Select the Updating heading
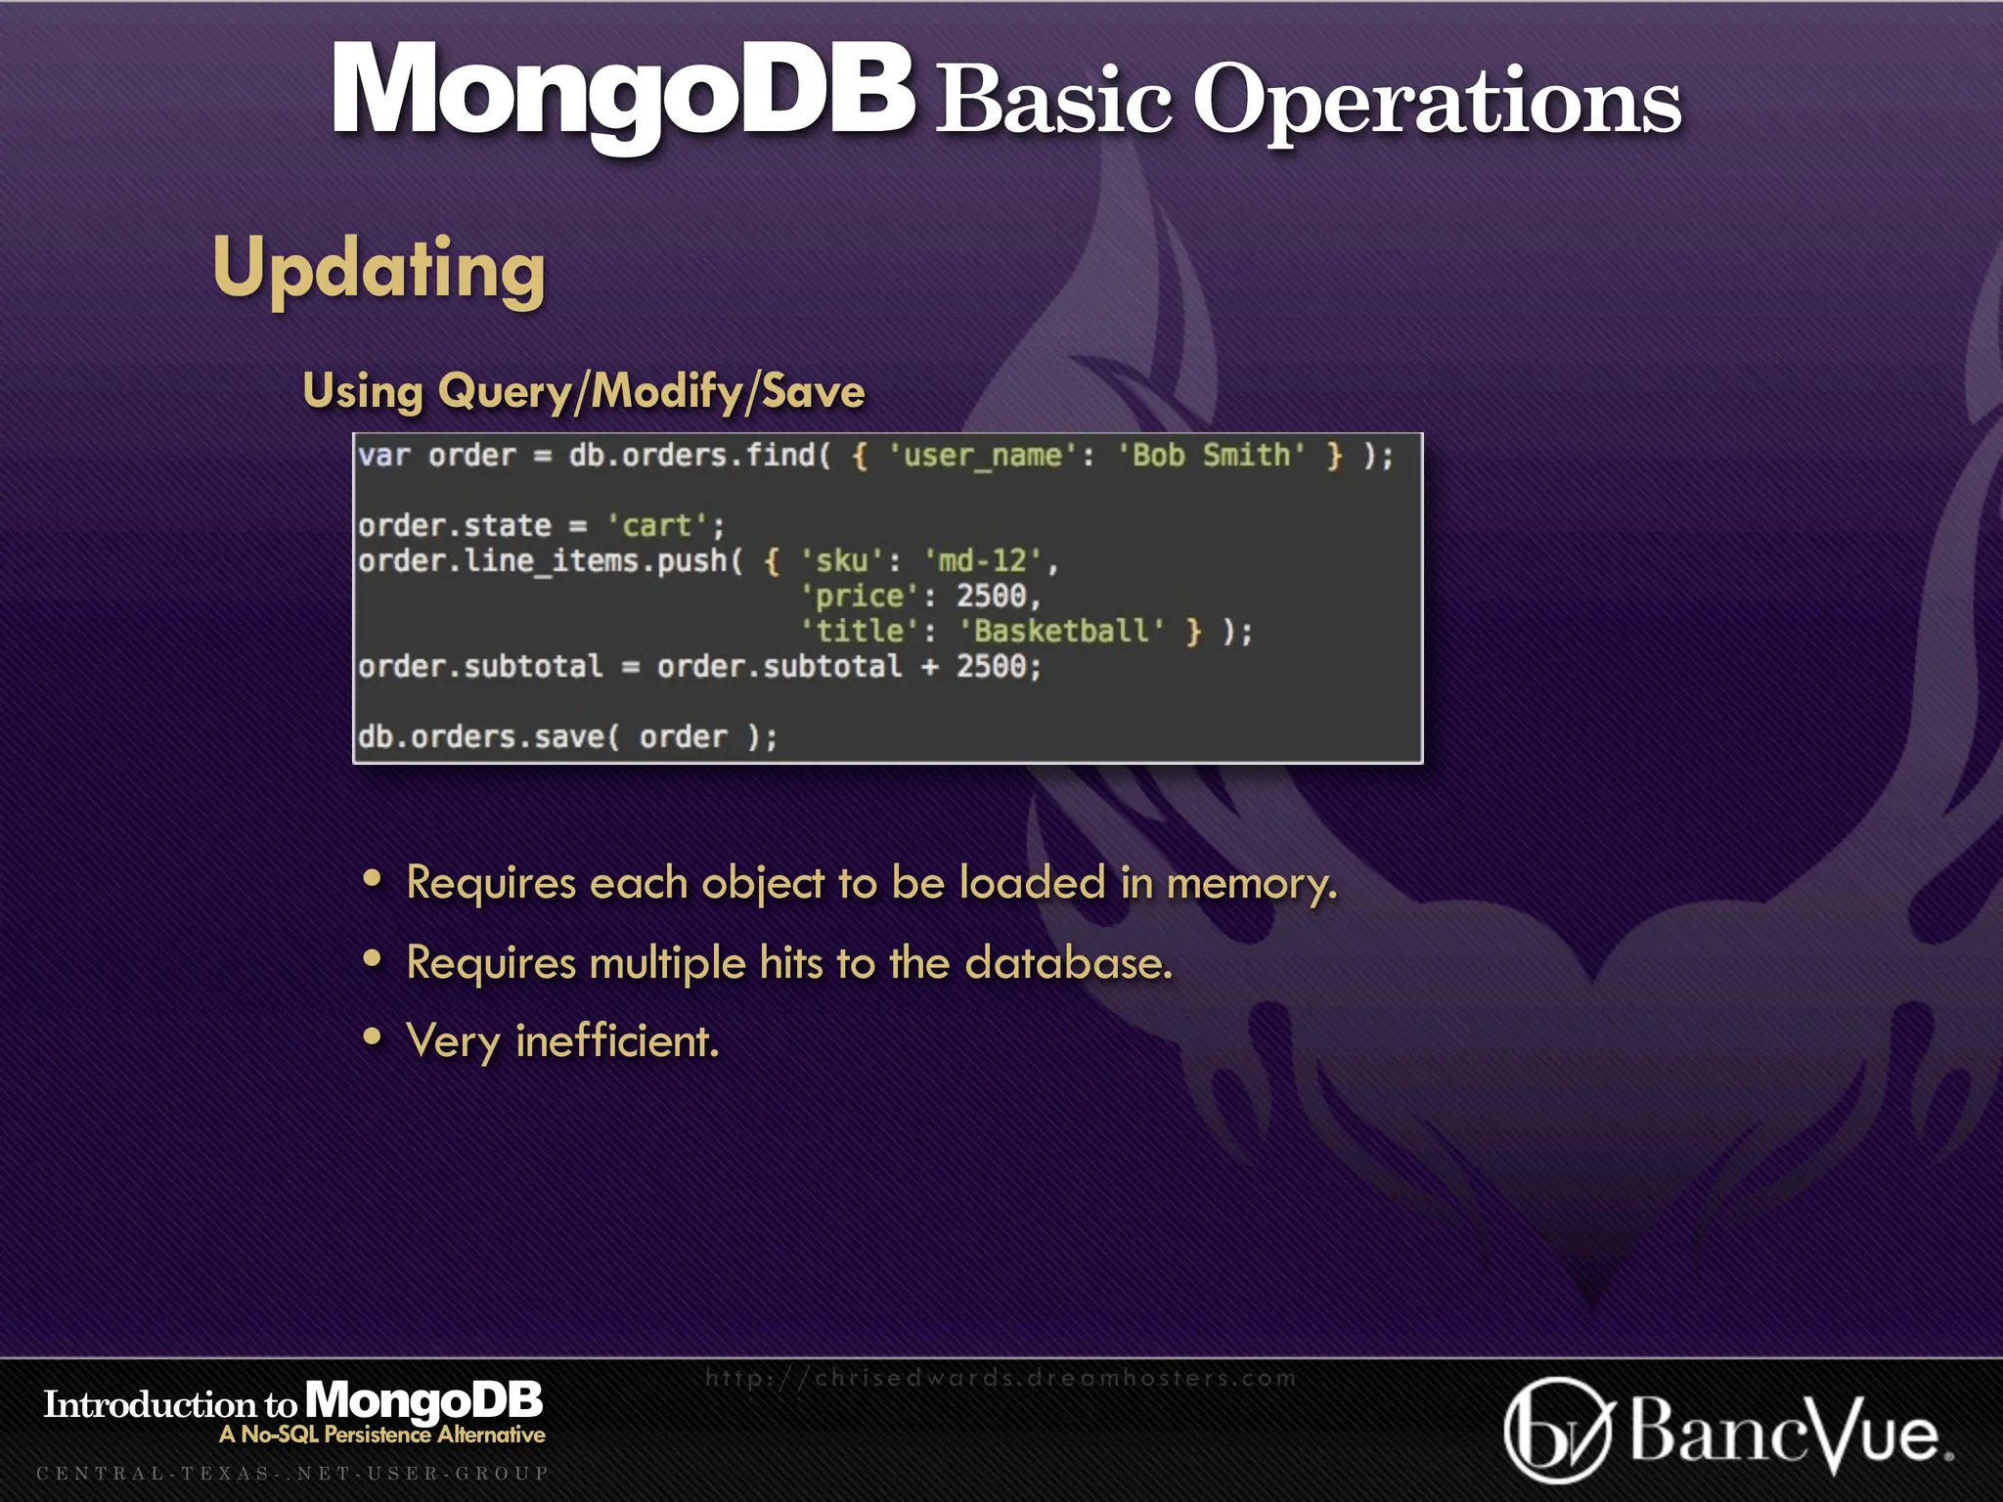[378, 270]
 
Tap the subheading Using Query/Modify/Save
[584, 391]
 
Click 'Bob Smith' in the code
[1211, 456]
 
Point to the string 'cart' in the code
[656, 526]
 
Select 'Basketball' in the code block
[1061, 632]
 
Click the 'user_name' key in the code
[982, 456]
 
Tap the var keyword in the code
[383, 456]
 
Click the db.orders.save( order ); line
[567, 737]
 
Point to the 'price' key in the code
[859, 596]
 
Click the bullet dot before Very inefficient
[372, 1037]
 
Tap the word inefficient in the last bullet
[616, 1041]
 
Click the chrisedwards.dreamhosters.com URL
[1000, 1378]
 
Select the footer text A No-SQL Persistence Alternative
[381, 1435]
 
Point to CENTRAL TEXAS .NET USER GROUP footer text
[292, 1473]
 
